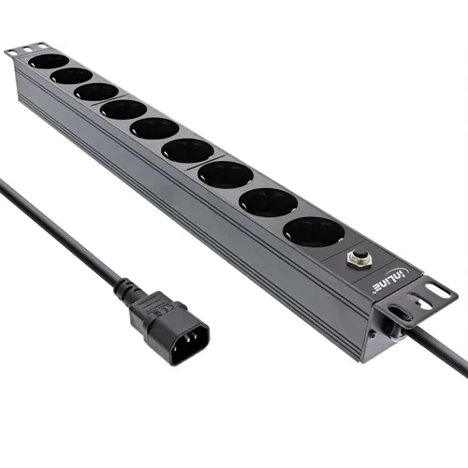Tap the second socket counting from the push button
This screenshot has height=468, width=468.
(x=267, y=201)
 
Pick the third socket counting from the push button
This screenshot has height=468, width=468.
(x=225, y=174)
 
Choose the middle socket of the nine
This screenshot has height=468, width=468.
(x=154, y=128)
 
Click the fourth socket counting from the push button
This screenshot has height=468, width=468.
(x=187, y=150)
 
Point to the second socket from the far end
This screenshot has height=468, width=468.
(x=71, y=76)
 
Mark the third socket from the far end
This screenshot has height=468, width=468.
(x=95, y=92)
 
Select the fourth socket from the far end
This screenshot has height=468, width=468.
(x=124, y=110)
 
